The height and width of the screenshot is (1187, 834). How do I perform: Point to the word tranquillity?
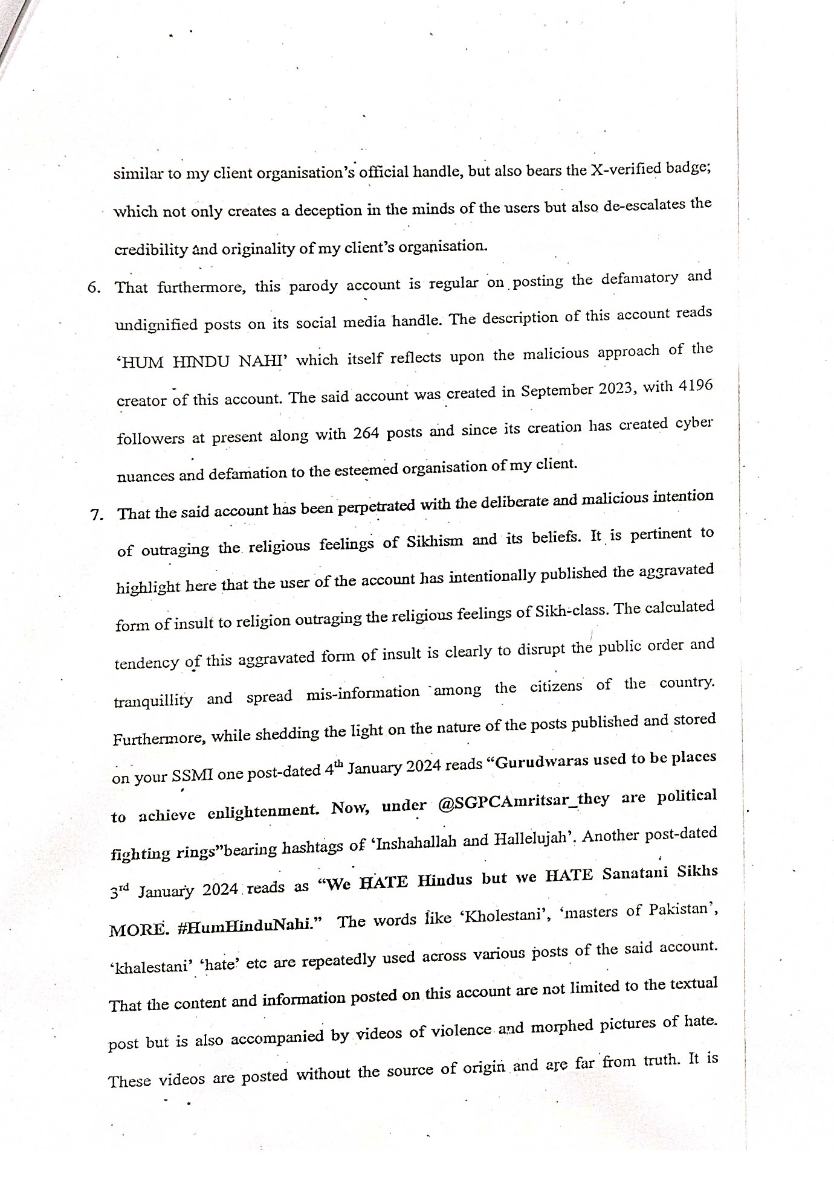(153, 700)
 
